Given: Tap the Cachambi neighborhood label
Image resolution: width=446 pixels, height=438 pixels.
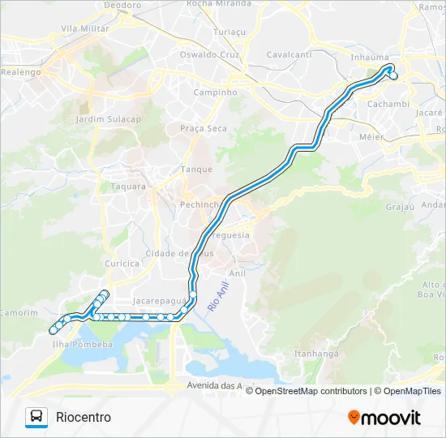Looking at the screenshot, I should (388, 105).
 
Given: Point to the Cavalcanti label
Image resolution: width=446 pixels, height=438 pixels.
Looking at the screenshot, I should (289, 55).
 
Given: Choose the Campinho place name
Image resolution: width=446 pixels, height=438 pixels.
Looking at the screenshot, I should (215, 92).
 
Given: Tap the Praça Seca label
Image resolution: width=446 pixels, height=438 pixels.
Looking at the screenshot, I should (204, 129).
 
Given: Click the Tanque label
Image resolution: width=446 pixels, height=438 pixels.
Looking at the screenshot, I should (196, 170).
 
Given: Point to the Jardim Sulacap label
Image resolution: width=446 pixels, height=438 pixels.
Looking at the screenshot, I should (107, 119).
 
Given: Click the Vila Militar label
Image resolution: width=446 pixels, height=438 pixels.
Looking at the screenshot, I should (85, 28).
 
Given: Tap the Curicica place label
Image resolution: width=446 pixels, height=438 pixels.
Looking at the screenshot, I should (122, 264).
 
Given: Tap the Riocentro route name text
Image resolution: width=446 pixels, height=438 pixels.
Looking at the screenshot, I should (84, 417).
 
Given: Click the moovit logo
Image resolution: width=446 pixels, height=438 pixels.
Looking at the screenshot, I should (384, 418).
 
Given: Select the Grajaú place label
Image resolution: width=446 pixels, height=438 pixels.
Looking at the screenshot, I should (401, 206).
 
